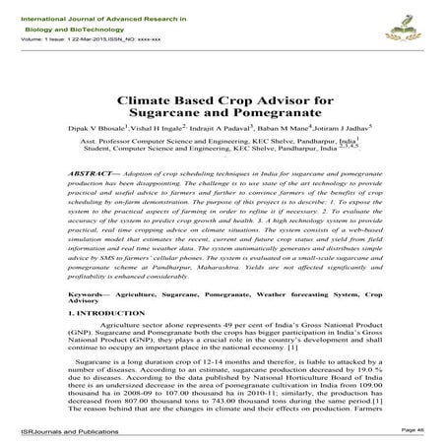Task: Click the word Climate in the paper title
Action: click(x=147, y=100)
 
